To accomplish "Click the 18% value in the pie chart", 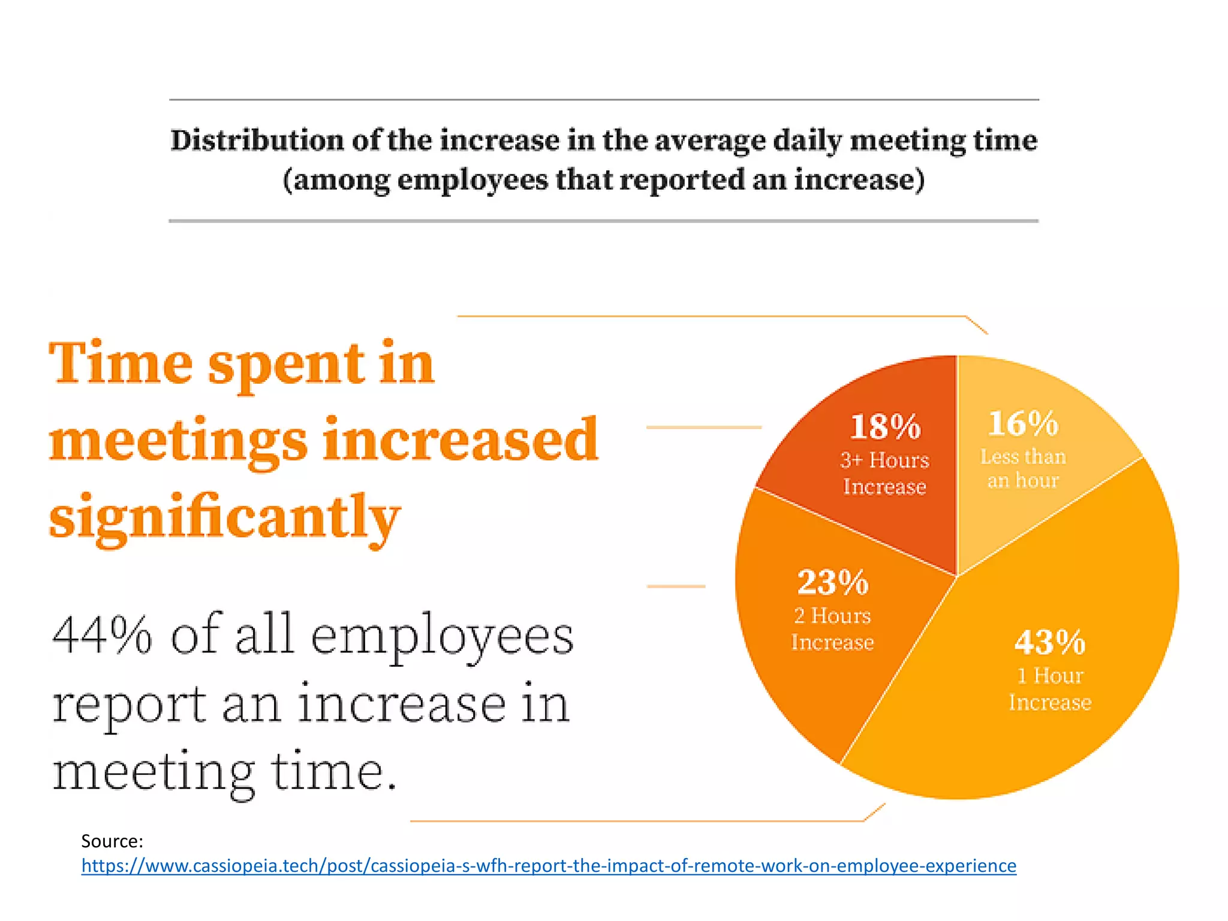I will click(x=885, y=427).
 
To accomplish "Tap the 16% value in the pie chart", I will click(x=1023, y=423).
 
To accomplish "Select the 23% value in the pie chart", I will click(x=832, y=582).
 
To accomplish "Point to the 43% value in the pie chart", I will click(x=1049, y=642).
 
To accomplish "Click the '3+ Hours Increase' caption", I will click(x=884, y=473).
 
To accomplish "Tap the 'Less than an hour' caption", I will click(x=1023, y=468).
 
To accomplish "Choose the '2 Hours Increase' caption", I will click(x=832, y=629).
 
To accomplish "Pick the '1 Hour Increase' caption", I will click(x=1049, y=689).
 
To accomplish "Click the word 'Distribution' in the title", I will click(x=257, y=141).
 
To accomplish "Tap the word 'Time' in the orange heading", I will click(x=120, y=363).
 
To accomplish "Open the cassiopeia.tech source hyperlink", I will click(x=549, y=866).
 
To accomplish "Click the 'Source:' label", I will click(x=112, y=841).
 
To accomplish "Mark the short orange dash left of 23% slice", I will click(x=676, y=586).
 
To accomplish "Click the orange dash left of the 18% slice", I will click(x=703, y=427).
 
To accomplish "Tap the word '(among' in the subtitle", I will click(x=336, y=180).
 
